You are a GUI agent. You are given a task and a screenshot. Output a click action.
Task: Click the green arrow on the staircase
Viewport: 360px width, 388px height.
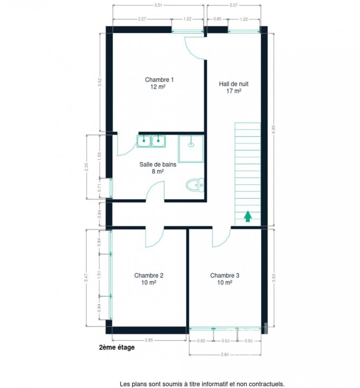point(248,216)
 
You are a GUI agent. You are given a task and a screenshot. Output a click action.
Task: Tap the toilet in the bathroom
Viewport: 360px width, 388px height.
point(195,185)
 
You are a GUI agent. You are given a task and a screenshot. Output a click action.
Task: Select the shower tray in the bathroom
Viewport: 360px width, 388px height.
point(191,149)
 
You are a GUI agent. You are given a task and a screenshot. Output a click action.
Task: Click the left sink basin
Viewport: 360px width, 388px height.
point(144,141)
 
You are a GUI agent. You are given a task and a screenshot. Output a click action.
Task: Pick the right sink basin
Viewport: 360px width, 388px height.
point(158,141)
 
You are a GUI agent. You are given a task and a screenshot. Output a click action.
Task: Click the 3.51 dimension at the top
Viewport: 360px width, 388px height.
point(158,5)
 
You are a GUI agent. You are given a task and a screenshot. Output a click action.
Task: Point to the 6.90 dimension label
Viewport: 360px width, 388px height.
point(274,129)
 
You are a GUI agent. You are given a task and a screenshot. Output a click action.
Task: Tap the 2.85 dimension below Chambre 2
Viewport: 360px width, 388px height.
point(149,340)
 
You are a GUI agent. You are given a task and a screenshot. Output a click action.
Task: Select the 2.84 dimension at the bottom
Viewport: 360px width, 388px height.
point(225,354)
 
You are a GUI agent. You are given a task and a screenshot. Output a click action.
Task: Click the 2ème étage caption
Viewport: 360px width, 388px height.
point(117,347)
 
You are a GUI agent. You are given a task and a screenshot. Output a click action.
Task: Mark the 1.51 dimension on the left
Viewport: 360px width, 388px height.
point(99,275)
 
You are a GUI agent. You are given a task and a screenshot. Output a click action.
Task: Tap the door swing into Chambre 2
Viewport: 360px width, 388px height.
point(154,238)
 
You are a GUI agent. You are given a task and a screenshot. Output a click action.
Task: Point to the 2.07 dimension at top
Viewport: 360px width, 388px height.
point(234,5)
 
